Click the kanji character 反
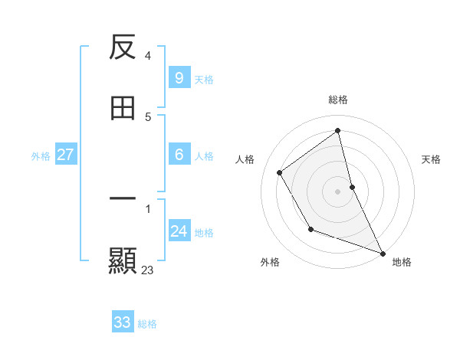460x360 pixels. (123, 48)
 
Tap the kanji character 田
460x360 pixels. (123, 109)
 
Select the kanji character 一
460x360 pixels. (123, 199)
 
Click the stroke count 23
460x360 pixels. (148, 270)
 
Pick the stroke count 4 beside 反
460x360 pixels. (148, 55)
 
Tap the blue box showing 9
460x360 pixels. (179, 78)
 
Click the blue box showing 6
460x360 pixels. (179, 155)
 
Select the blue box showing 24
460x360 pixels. (179, 231)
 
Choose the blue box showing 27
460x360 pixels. (65, 155)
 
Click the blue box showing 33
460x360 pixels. (123, 322)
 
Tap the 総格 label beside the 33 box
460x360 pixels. (148, 324)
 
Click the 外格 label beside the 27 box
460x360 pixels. (41, 156)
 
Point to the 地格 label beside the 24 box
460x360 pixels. (204, 233)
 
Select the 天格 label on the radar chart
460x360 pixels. (432, 159)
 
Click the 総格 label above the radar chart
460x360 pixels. (338, 100)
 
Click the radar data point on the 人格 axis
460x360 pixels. (280, 172)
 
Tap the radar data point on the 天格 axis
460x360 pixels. (352, 187)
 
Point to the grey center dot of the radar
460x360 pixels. (338, 191)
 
